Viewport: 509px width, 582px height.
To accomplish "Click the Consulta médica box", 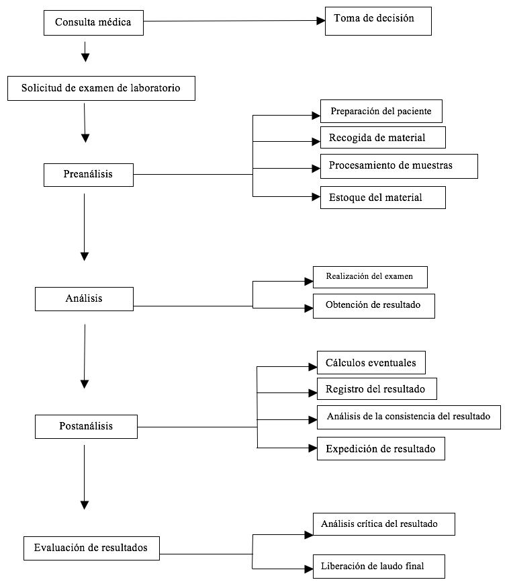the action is [x=93, y=23].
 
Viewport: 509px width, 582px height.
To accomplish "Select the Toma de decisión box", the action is [x=378, y=21].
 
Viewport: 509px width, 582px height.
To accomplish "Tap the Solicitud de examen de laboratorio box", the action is [x=101, y=88].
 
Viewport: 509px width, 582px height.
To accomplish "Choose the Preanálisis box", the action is [x=88, y=175].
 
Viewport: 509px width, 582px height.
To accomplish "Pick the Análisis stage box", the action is [x=84, y=299].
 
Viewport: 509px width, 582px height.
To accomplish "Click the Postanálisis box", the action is [x=86, y=427].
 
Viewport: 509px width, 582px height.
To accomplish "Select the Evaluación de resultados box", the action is [x=91, y=548].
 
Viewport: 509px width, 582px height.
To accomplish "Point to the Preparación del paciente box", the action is [x=381, y=111].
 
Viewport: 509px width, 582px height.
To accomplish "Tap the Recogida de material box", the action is [x=383, y=137].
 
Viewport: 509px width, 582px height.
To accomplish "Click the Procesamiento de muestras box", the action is [x=399, y=166].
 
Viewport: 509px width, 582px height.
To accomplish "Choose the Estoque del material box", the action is [x=383, y=198].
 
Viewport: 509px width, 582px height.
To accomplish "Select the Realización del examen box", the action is [x=370, y=277].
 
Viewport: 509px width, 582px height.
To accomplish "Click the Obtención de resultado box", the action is [x=374, y=306].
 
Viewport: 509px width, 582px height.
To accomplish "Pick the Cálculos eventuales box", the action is [x=371, y=362].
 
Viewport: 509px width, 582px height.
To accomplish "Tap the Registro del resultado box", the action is [x=377, y=388].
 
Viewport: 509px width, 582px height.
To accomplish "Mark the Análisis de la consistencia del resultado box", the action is [x=409, y=417].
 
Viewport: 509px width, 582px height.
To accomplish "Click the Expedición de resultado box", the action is [x=381, y=448].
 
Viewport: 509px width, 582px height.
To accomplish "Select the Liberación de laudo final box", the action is [x=379, y=567].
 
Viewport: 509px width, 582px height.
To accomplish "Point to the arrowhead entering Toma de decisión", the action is [x=321, y=21].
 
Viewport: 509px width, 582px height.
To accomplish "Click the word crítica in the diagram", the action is [x=369, y=524].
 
